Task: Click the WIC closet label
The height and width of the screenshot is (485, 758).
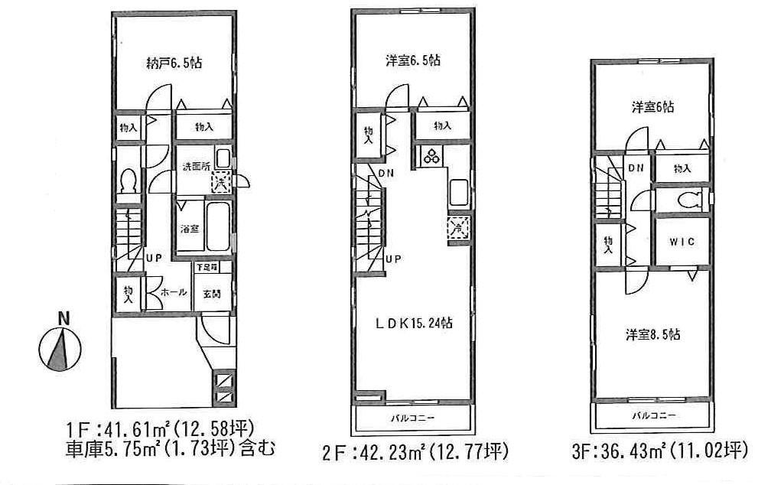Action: pos(682,242)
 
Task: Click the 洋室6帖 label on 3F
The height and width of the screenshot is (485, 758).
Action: pos(652,108)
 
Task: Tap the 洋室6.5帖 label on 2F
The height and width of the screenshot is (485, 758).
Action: pos(412,60)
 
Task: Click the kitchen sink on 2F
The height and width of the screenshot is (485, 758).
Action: pos(459,190)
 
